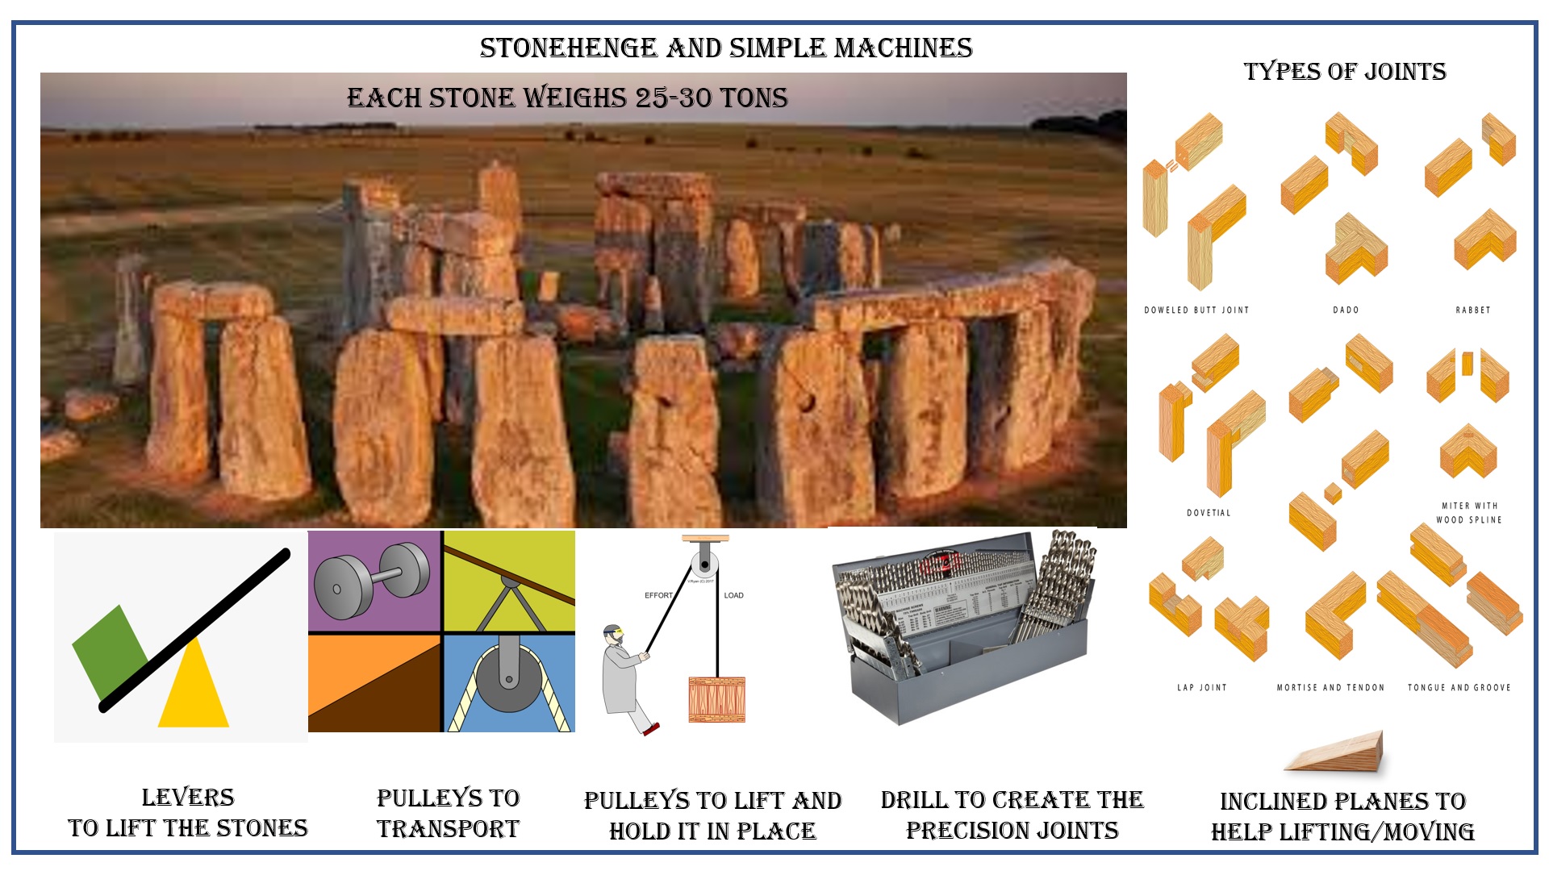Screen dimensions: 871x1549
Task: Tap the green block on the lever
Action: [x=109, y=649]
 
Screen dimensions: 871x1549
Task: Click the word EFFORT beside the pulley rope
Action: [x=658, y=595]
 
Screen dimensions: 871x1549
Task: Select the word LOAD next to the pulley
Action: [x=733, y=595]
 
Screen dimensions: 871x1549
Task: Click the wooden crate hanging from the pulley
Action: [x=716, y=699]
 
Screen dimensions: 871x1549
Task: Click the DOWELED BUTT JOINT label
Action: [x=1196, y=310]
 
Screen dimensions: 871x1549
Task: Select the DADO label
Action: [x=1346, y=310]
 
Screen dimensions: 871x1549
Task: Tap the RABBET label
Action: [x=1472, y=310]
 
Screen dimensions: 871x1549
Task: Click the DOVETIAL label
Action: [x=1209, y=513]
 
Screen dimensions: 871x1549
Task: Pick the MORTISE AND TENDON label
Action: [x=1330, y=688]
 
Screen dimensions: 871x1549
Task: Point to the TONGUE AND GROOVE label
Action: [x=1459, y=688]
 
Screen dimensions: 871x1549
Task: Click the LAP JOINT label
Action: [x=1201, y=688]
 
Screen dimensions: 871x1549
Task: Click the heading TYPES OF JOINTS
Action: [x=1344, y=72]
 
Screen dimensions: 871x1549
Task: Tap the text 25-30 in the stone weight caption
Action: [x=674, y=98]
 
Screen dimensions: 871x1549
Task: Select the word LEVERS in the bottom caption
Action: [x=188, y=798]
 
